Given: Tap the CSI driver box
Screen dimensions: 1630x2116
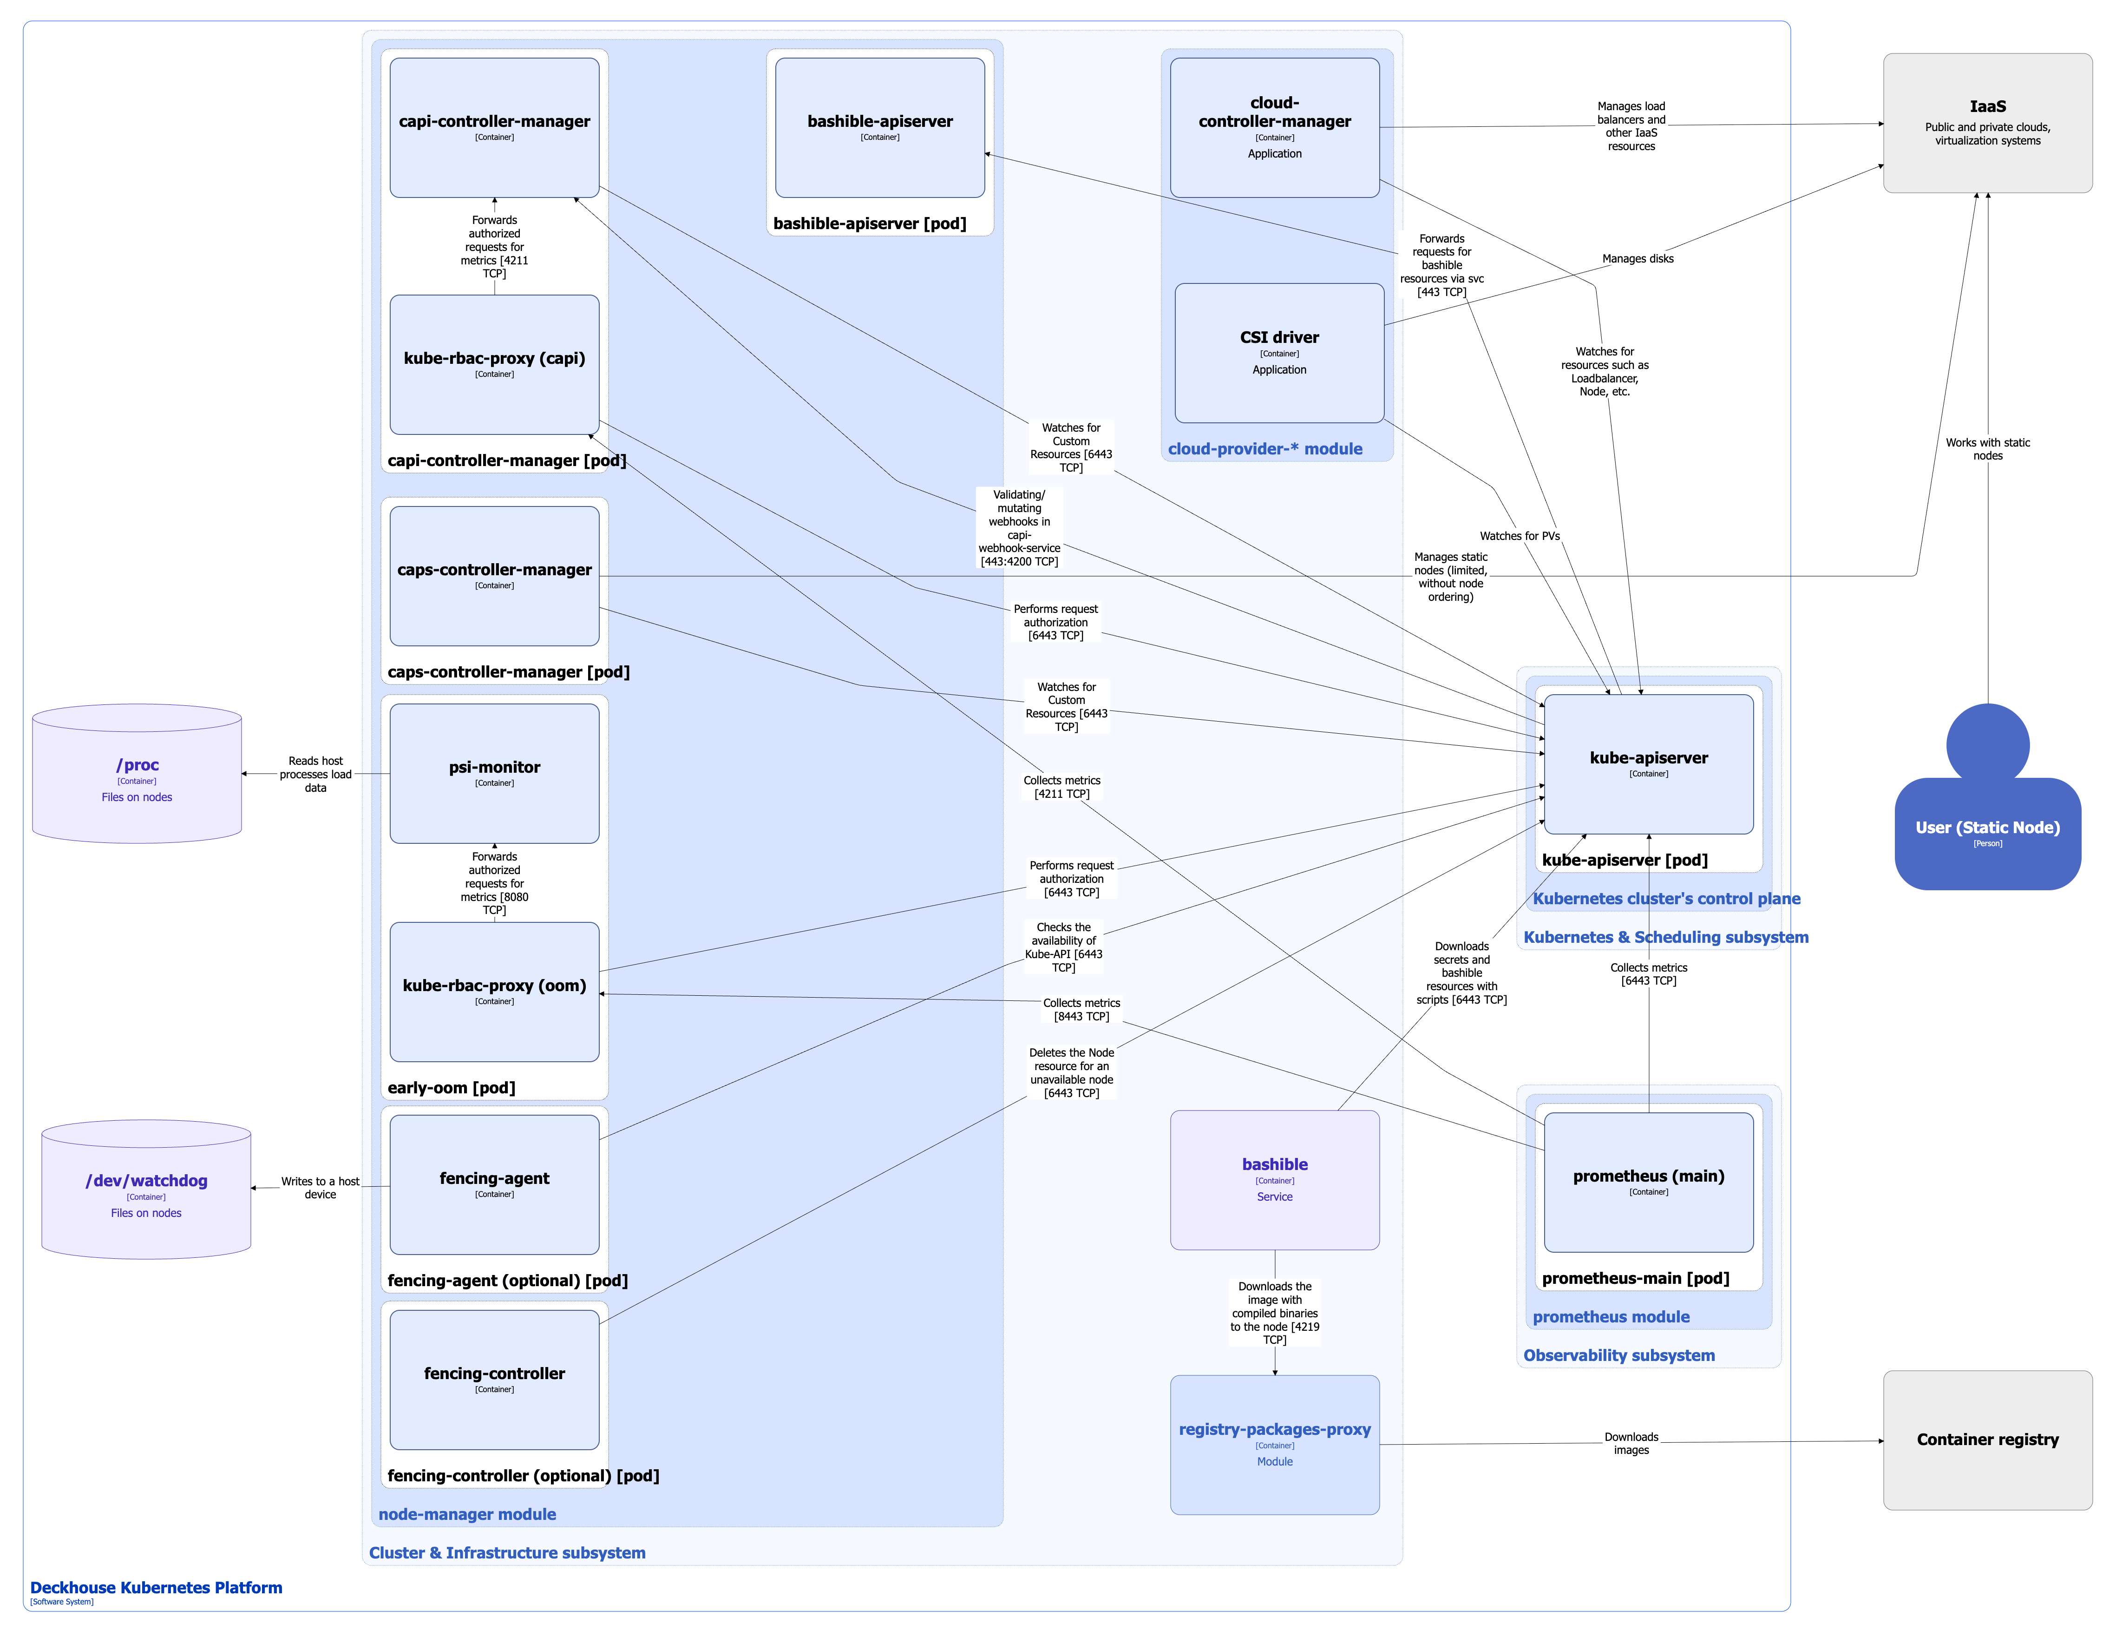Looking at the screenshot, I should tap(1279, 353).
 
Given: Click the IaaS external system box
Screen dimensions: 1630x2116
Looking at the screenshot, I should tap(1987, 123).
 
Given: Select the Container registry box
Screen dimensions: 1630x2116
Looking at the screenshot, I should tap(1987, 1439).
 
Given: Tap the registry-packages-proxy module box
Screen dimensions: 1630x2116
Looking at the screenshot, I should tap(1274, 1444).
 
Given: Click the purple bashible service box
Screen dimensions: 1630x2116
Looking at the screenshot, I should tap(1274, 1179).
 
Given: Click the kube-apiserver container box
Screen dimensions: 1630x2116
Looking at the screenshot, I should tap(1648, 763).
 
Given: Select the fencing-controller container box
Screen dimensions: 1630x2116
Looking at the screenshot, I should tap(494, 1379).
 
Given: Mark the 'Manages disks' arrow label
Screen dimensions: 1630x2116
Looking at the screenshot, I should tap(1638, 259).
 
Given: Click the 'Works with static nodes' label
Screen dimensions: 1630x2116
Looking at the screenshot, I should tap(1987, 449).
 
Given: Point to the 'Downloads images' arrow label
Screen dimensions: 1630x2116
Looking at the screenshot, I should tap(1631, 1443).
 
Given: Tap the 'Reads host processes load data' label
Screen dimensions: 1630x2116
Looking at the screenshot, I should tap(316, 774).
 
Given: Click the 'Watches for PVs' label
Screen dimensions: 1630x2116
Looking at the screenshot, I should tap(1519, 536).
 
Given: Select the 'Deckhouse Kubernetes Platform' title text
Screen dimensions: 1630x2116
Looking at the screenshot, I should tap(156, 1587).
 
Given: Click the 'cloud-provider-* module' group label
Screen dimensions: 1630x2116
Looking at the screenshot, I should tap(1264, 449).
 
